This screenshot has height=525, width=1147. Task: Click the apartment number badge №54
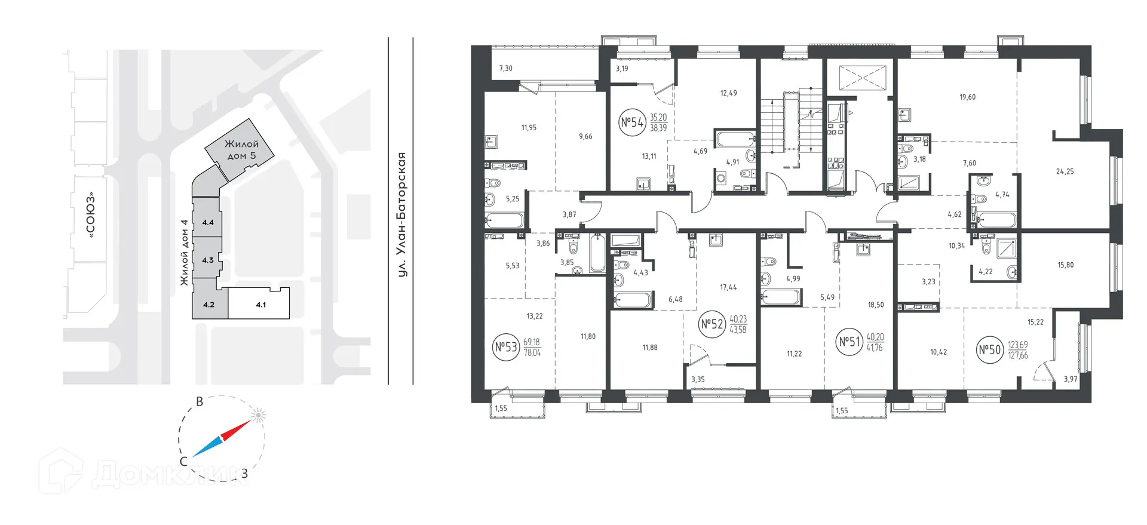pyautogui.click(x=631, y=123)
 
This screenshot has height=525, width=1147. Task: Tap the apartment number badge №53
pyautogui.click(x=506, y=348)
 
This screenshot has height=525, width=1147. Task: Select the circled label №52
pyautogui.click(x=711, y=324)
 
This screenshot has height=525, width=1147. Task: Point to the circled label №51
pyautogui.click(x=849, y=342)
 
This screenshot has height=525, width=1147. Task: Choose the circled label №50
pyautogui.click(x=989, y=350)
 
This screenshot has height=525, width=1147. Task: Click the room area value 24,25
pyautogui.click(x=1065, y=171)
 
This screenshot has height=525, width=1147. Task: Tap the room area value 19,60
pyautogui.click(x=967, y=97)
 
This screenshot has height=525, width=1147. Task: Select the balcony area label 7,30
pyautogui.click(x=505, y=68)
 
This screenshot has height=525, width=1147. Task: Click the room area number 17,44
pyautogui.click(x=728, y=287)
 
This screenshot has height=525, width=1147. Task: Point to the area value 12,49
pyautogui.click(x=728, y=93)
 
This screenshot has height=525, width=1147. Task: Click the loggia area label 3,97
pyautogui.click(x=1071, y=379)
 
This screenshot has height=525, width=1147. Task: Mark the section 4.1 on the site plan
pyautogui.click(x=260, y=305)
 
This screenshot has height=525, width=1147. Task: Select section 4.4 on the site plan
pyautogui.click(x=208, y=223)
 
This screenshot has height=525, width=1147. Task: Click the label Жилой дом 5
pyautogui.click(x=241, y=150)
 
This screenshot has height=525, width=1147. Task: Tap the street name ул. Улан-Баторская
pyautogui.click(x=403, y=214)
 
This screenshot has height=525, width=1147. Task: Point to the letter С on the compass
pyautogui.click(x=184, y=462)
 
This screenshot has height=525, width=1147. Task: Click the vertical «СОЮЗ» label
pyautogui.click(x=91, y=216)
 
